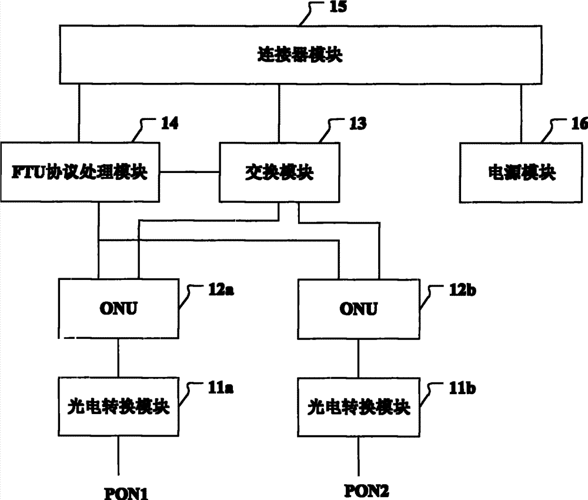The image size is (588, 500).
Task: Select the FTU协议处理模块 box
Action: click(x=82, y=172)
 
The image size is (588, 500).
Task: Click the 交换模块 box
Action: click(x=279, y=172)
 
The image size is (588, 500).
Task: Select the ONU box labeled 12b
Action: click(x=359, y=308)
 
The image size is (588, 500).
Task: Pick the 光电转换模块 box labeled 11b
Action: click(x=359, y=406)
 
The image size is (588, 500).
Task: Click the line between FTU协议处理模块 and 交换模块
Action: click(x=190, y=172)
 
